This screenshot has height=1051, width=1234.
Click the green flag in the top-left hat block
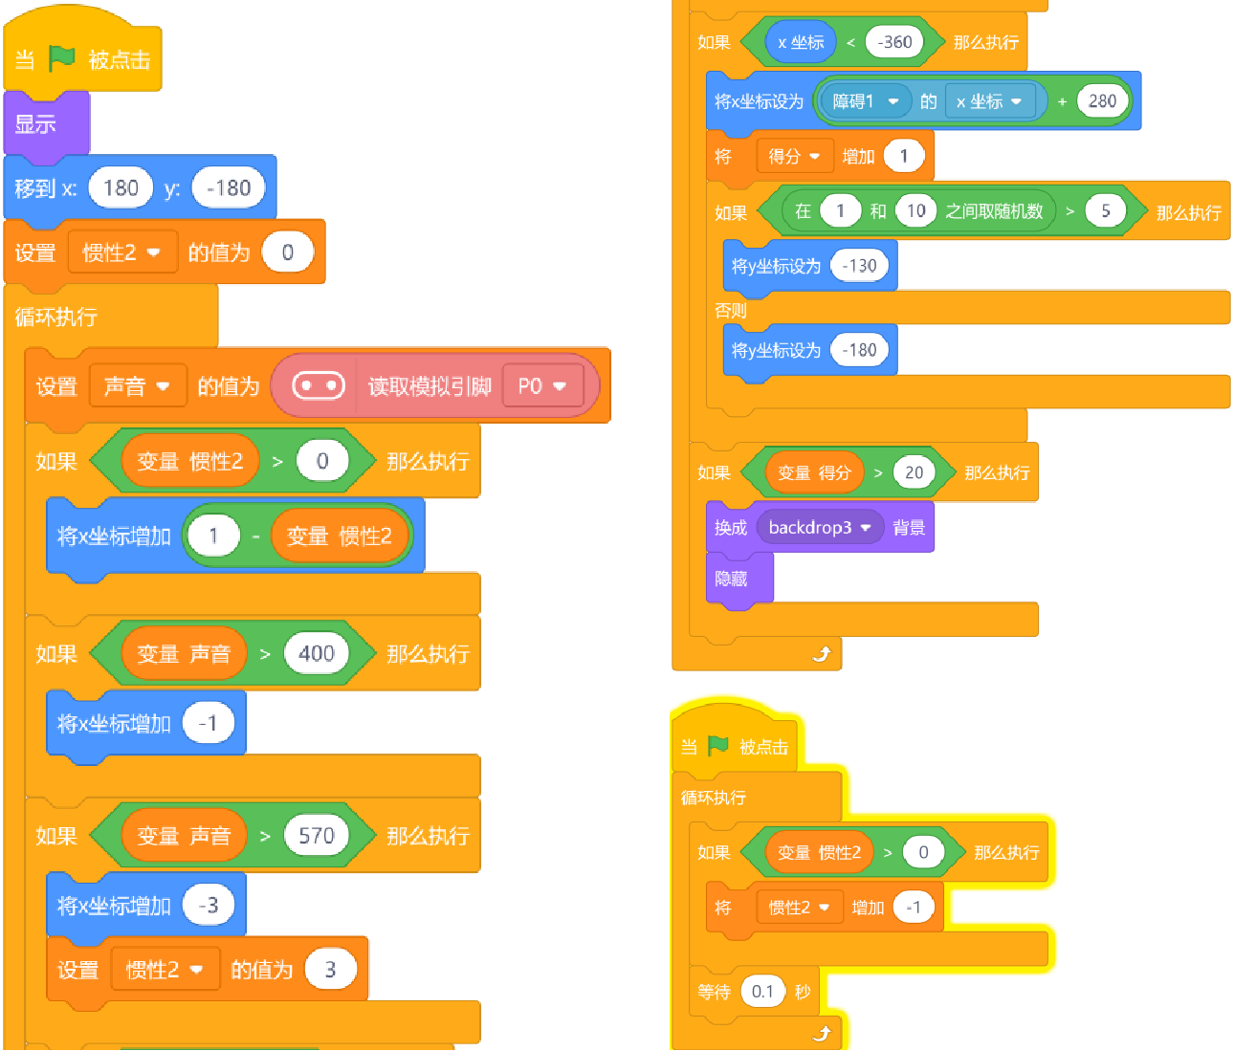62,58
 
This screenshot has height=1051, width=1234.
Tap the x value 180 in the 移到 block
121,188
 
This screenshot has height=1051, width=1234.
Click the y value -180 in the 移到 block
229,188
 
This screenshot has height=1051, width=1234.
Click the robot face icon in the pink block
319,385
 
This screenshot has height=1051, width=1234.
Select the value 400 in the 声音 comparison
317,653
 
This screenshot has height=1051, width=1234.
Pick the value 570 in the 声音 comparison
317,836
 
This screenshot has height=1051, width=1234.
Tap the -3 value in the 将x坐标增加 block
209,906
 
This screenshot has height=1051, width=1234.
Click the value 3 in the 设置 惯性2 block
330,970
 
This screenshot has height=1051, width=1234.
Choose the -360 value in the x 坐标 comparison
894,42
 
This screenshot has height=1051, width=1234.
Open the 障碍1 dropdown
865,100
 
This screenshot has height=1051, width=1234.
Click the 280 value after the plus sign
1102,100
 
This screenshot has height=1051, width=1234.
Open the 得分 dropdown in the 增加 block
794,157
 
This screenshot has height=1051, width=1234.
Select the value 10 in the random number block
915,210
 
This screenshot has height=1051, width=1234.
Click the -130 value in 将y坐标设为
859,266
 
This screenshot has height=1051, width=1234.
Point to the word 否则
731,311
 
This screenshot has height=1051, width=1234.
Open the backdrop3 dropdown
820,528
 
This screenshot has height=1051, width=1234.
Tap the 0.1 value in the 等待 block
762,992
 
